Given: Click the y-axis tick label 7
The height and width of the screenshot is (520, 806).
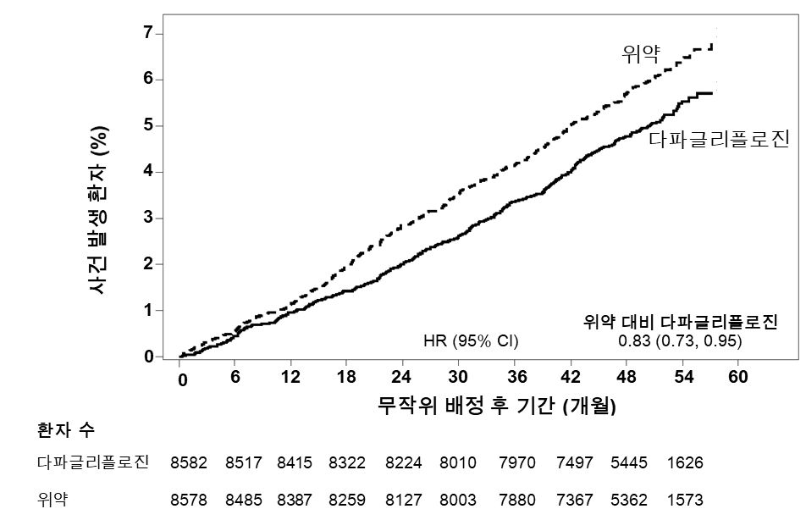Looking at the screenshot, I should point(148,33).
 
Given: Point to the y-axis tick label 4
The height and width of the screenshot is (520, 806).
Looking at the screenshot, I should point(148,172).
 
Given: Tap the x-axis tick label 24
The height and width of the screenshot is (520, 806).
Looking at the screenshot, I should point(403,377).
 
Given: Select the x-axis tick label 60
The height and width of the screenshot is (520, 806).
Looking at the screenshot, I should point(738,377).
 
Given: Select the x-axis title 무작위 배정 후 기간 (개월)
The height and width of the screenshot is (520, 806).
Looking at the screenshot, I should point(497,406).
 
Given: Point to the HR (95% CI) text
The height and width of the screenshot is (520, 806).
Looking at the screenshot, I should point(471,340).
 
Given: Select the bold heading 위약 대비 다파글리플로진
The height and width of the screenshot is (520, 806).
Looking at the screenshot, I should point(681,322).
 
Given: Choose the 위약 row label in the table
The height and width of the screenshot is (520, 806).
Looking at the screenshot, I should point(52,499).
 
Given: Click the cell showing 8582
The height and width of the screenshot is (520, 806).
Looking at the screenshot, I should point(188,463).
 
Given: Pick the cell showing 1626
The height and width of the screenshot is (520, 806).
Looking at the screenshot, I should point(685,463).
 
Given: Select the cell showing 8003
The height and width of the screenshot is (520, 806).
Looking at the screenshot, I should point(458,500).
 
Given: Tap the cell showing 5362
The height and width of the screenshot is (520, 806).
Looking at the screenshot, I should point(628,500).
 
